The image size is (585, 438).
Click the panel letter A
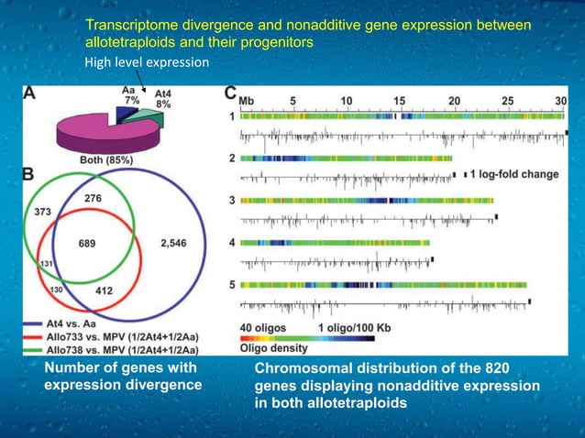click(30, 93)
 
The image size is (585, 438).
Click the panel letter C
click(230, 93)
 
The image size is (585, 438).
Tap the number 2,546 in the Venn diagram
click(176, 243)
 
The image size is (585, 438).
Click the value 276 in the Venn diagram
click(93, 198)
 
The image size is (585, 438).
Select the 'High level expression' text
click(147, 63)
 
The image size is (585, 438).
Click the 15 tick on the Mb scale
click(400, 99)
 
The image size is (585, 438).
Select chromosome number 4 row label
click(233, 243)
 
